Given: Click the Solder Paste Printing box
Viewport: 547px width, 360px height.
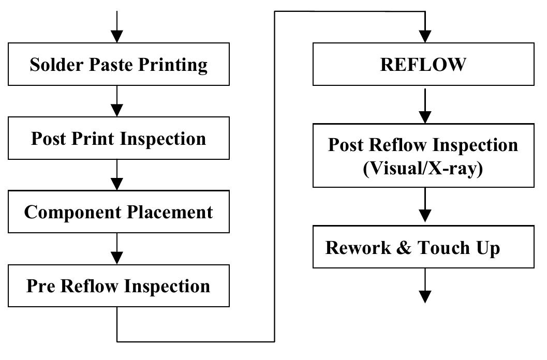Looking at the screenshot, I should click(119, 64).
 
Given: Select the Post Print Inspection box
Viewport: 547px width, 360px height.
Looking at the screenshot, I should click(119, 138).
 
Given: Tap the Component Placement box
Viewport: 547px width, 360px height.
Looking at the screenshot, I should click(119, 212).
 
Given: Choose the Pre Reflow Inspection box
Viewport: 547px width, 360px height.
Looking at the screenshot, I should click(119, 286).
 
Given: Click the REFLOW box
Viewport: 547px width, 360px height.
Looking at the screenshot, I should click(423, 64).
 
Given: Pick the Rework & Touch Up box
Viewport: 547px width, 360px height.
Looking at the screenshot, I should click(423, 248).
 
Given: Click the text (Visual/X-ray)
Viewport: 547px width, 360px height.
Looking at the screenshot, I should click(423, 169).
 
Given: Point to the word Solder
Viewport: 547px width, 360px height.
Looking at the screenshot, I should click(52, 65).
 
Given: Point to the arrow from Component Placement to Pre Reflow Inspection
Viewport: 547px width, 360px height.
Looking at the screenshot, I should click(117, 249).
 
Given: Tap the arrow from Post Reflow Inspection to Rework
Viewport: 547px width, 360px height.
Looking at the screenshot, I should click(424, 207).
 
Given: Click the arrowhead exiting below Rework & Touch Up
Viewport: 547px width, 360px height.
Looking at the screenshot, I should click(424, 296).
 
